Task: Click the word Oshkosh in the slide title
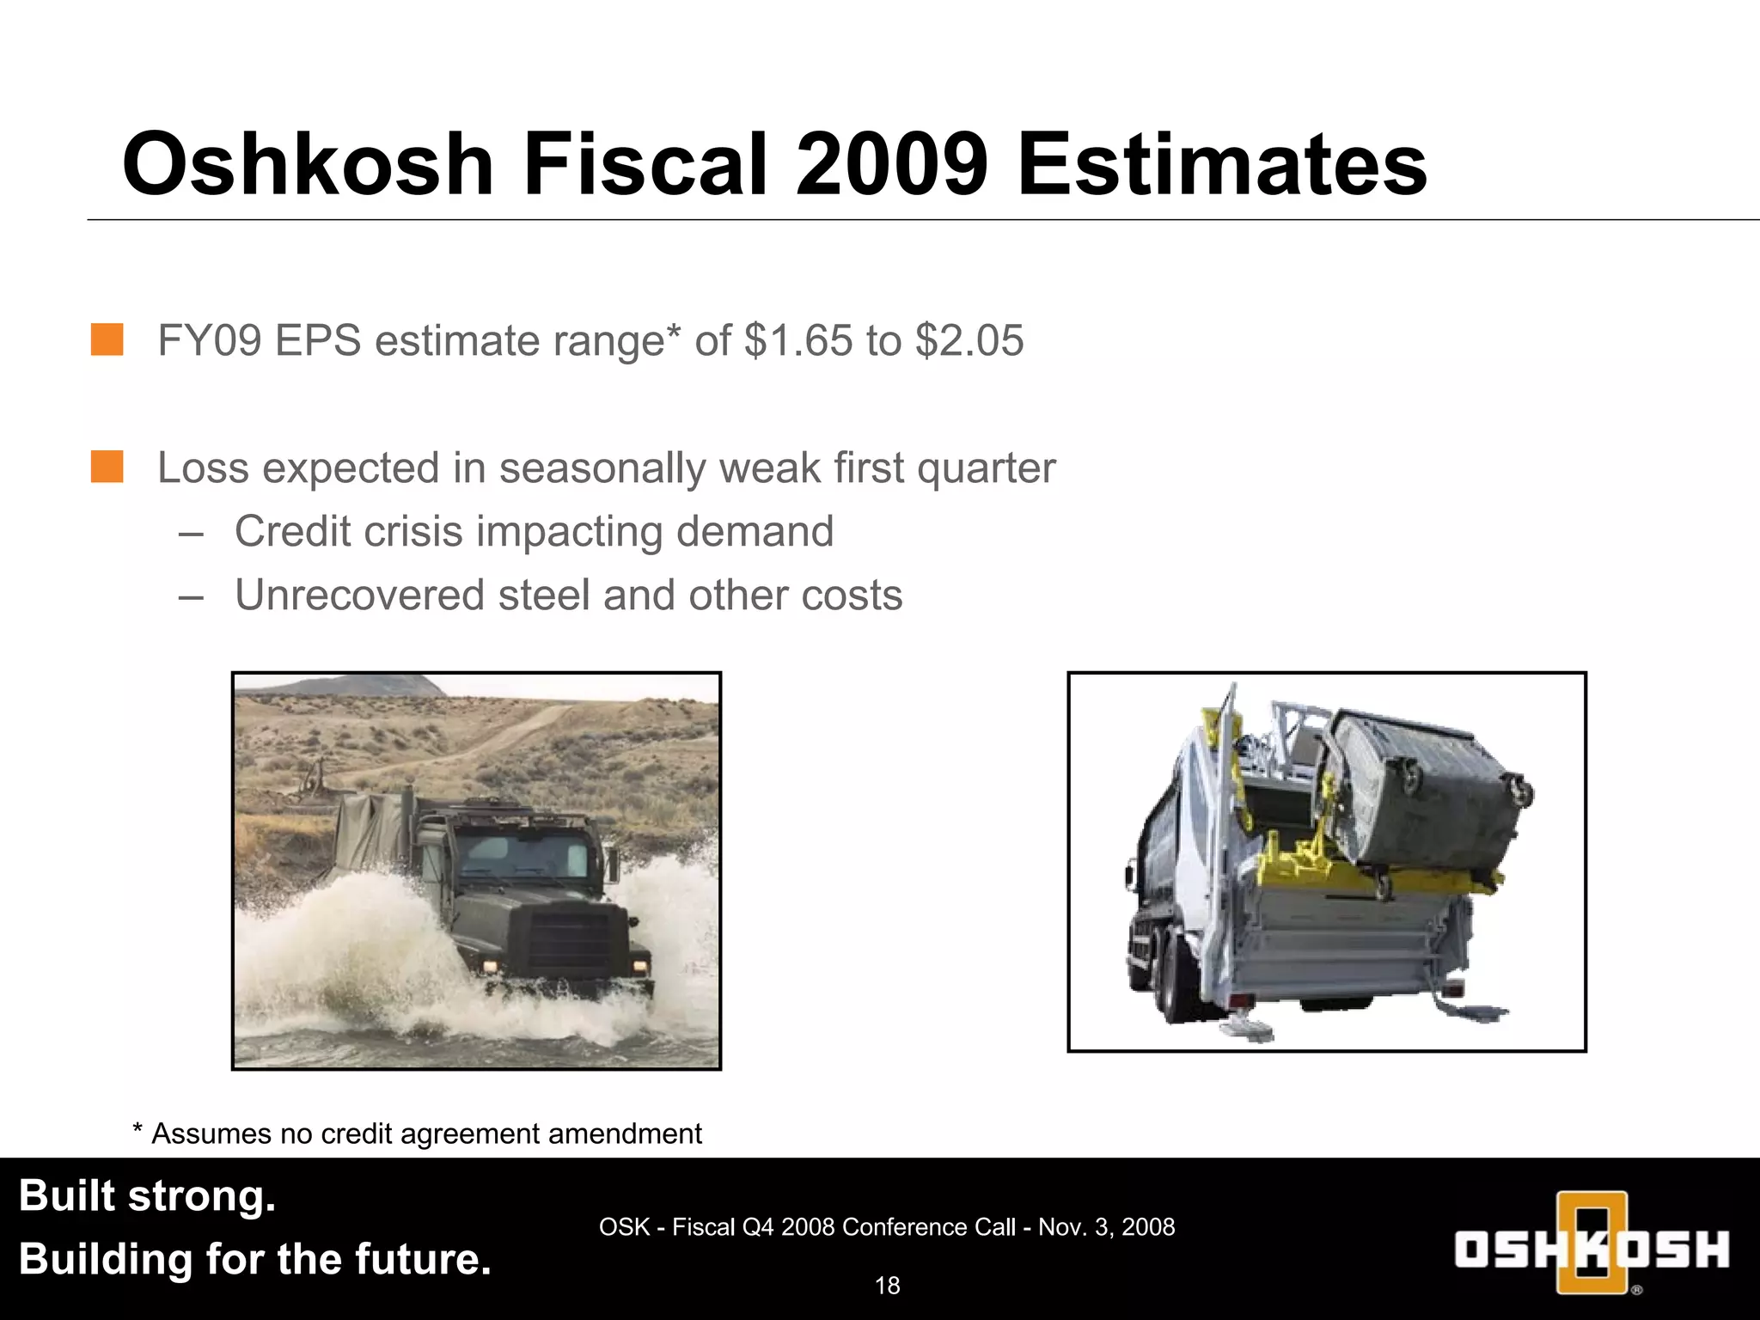point(308,164)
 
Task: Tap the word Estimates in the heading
point(1222,164)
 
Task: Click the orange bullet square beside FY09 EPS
point(107,339)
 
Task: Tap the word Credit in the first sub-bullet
point(292,531)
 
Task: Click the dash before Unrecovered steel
point(191,596)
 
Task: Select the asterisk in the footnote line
point(137,1132)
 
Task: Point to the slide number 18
point(887,1286)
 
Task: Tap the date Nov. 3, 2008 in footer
point(1106,1227)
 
